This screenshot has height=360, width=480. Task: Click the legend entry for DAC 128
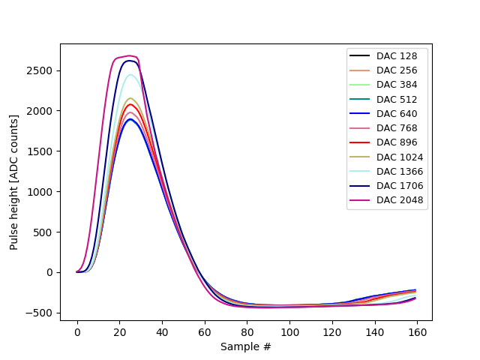[x=397, y=56]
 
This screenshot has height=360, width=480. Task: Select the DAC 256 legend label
[x=397, y=70]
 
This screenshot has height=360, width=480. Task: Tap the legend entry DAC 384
[x=397, y=85]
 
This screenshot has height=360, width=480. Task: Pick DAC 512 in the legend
[x=397, y=99]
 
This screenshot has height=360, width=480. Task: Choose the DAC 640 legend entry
[x=397, y=113]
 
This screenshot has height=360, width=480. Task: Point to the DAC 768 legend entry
[x=397, y=127]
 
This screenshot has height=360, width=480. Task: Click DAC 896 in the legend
[x=397, y=142]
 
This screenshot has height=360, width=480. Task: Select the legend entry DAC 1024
[x=400, y=157]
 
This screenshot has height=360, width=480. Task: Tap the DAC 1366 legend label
[x=400, y=171]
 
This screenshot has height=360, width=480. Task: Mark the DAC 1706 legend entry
[x=400, y=185]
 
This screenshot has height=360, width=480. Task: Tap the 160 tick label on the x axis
[x=417, y=332]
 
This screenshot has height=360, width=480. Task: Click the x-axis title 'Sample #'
[x=246, y=346]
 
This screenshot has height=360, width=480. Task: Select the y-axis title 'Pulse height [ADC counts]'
[x=14, y=182]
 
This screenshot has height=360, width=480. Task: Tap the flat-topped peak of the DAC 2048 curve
[x=129, y=56]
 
